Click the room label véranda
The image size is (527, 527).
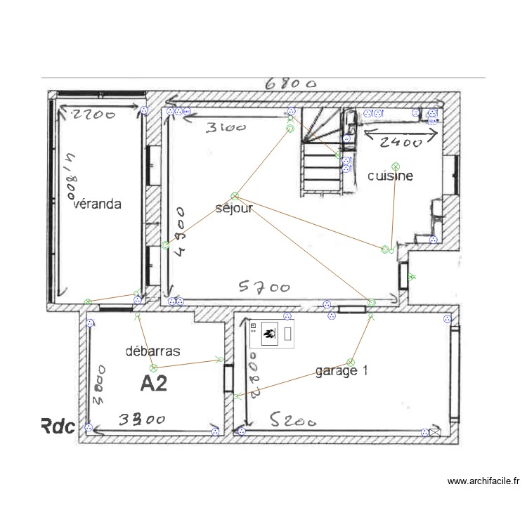tap(98, 204)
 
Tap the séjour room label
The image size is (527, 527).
tap(234, 208)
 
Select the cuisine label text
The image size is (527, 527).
tap(390, 176)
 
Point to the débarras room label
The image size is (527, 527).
tap(153, 351)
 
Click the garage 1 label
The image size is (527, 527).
tap(341, 370)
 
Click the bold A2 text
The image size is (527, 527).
tap(154, 383)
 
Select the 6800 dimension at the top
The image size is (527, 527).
tap(290, 84)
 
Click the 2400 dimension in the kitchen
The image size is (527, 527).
tap(400, 143)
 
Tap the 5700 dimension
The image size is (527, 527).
tap(264, 287)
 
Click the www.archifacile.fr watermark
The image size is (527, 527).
tap(484, 481)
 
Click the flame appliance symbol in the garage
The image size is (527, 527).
tap(268, 334)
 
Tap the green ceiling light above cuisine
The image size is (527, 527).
tap(396, 166)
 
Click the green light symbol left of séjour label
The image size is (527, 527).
tap(165, 245)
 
